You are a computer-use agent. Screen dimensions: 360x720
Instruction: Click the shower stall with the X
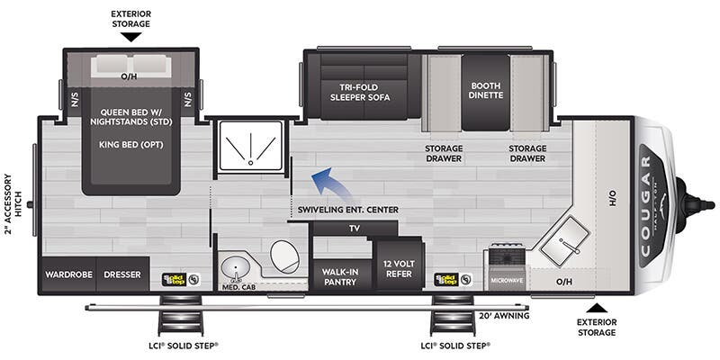250,145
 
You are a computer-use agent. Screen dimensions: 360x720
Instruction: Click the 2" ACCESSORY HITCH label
13,205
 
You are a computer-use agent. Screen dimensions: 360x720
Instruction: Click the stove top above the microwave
508,257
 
